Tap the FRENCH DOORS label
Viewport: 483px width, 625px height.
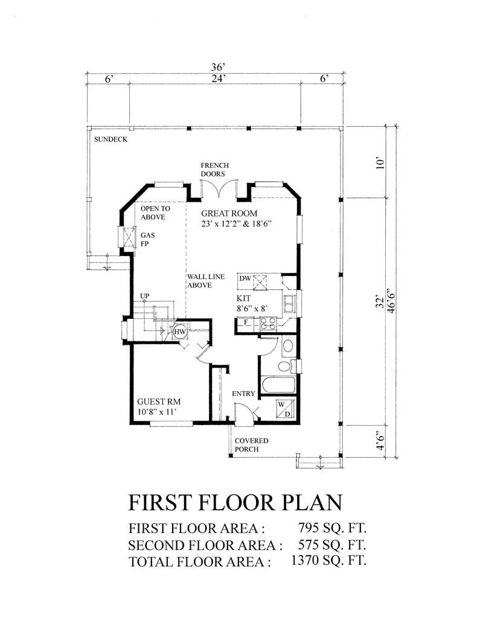coord(214,170)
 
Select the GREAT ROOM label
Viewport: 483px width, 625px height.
coord(229,213)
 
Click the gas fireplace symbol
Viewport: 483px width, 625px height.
coord(127,237)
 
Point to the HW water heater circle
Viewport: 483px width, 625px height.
coord(180,331)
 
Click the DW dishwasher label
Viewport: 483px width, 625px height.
coord(245,278)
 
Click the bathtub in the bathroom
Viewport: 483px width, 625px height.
coord(278,385)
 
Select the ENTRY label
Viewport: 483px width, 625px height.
coord(244,394)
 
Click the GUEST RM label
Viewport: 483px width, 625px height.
coord(159,402)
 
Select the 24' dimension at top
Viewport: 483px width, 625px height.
coord(217,79)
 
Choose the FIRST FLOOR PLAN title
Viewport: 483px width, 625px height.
coord(236,502)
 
